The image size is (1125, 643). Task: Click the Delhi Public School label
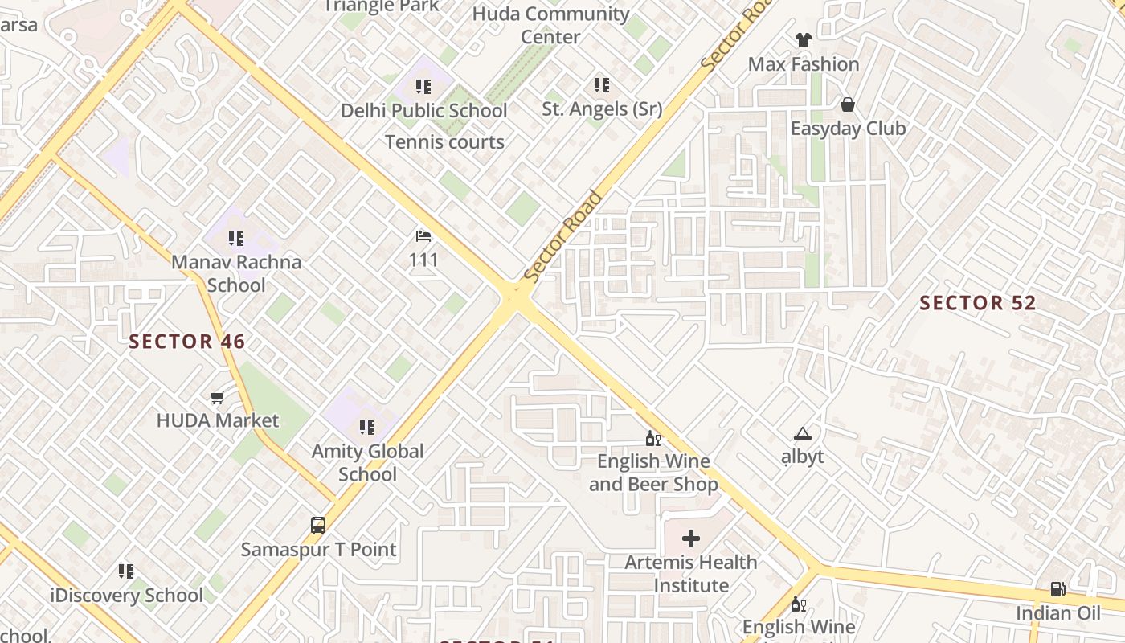423,111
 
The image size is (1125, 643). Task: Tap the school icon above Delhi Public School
423,86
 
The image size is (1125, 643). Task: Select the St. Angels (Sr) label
602,109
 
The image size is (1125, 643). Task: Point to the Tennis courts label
444,142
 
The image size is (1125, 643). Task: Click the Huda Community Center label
550,25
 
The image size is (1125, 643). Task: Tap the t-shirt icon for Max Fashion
803,39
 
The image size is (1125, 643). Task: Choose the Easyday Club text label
848,129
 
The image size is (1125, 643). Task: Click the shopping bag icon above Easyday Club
847,104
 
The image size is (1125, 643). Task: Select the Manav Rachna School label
236,273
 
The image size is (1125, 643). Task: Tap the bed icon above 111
423,236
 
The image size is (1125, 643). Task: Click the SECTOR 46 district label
187,342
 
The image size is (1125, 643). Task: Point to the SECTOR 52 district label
978,303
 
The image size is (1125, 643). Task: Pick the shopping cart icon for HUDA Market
217,397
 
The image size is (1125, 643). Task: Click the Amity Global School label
367,462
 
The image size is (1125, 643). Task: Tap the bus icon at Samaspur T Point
318,526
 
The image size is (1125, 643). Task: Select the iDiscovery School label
127,596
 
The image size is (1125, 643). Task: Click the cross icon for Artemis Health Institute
691,539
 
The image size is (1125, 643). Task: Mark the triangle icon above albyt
802,434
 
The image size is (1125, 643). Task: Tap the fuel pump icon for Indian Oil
1058,589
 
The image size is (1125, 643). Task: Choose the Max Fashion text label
804,64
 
